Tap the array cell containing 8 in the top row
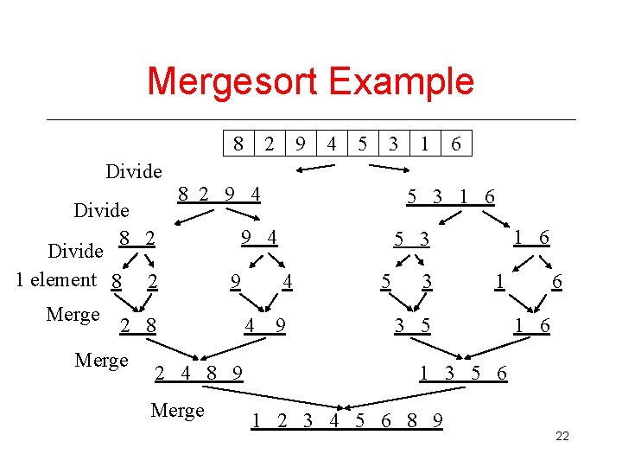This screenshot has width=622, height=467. click(238, 144)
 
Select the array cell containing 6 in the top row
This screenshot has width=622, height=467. click(456, 144)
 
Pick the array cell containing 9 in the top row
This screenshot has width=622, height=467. click(300, 144)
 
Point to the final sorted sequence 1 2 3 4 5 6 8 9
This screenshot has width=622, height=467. click(347, 421)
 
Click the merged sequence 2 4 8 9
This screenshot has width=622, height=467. click(198, 374)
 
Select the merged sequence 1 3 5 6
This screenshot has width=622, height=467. click(463, 374)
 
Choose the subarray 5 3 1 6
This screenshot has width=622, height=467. click(451, 197)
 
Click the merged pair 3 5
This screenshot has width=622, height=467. click(413, 326)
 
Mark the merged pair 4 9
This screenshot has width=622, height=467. click(265, 326)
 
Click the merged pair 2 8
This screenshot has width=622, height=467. click(138, 326)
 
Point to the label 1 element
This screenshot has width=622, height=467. click(56, 279)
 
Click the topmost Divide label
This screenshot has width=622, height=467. click(133, 171)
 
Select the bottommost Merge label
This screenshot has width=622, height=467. click(177, 410)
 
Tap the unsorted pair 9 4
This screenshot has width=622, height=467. click(259, 235)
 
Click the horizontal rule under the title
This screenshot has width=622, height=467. click(311, 119)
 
